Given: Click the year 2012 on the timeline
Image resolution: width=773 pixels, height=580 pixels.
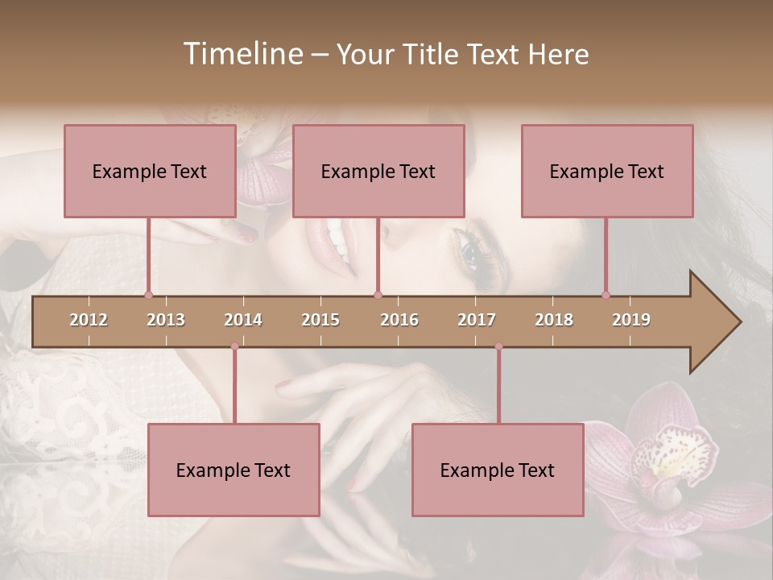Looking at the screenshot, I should (89, 320).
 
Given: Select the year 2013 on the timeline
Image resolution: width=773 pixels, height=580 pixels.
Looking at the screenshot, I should (166, 320).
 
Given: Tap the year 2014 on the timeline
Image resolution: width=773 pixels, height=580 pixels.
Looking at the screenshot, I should (243, 320).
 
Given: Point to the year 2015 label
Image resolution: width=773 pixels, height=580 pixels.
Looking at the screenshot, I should (320, 320).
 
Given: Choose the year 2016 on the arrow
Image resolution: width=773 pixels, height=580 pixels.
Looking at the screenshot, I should (399, 320).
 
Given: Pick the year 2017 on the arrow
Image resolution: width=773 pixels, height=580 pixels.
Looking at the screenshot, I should (477, 320).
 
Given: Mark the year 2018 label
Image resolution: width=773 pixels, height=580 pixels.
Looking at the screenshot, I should (554, 320).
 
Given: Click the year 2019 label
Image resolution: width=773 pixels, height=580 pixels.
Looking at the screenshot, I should (631, 320).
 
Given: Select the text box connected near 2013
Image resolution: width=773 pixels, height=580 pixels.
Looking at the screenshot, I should (150, 171).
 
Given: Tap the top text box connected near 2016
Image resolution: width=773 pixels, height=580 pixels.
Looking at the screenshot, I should (378, 171).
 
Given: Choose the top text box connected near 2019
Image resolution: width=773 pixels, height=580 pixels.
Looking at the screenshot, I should (607, 171).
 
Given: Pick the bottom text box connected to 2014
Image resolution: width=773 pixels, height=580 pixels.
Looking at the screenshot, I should (234, 470).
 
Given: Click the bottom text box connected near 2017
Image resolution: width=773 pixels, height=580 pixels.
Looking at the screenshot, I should (498, 470).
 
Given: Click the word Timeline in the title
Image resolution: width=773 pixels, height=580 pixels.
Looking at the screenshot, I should (242, 54).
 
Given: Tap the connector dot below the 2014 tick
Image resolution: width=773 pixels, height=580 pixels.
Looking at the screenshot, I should (234, 346).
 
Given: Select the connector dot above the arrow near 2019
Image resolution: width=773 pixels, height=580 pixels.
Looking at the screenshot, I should (606, 295).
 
